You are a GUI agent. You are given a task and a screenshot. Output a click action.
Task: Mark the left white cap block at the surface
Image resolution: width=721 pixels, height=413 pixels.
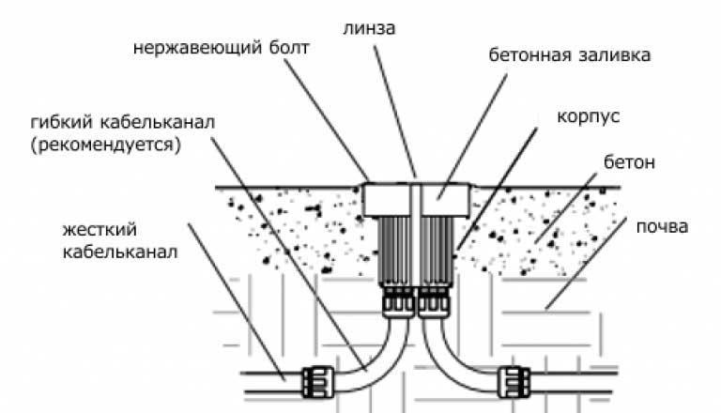388,199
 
